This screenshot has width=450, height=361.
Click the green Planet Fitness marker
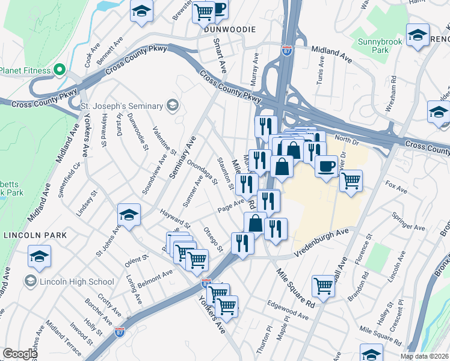tap(59, 70)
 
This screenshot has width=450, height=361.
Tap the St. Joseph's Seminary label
tap(122, 106)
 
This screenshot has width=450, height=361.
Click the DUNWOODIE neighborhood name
tap(230, 29)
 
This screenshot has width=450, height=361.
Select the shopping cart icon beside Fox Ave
tap(351, 180)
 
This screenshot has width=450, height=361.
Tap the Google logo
tap(20, 354)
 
